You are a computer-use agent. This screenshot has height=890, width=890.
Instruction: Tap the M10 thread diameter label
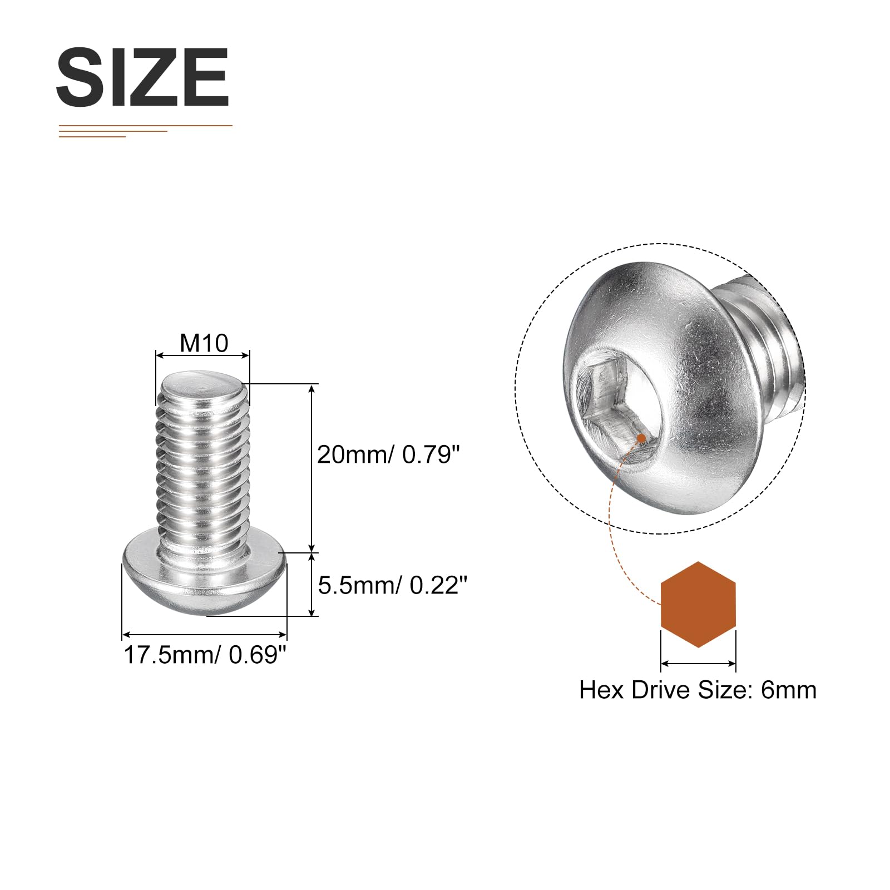pyautogui.click(x=204, y=343)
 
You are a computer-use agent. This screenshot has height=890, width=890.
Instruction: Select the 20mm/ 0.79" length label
pyautogui.click(x=389, y=454)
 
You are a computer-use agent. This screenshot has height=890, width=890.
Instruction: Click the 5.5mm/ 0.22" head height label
pyautogui.click(x=393, y=585)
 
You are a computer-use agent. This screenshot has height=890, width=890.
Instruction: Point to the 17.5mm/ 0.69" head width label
pyautogui.click(x=205, y=655)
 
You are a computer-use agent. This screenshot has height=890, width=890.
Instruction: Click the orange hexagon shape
pyautogui.click(x=698, y=604)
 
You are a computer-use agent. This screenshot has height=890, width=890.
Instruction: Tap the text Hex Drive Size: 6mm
pyautogui.click(x=698, y=690)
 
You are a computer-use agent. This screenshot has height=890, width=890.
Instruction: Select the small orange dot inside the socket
pyautogui.click(x=641, y=438)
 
